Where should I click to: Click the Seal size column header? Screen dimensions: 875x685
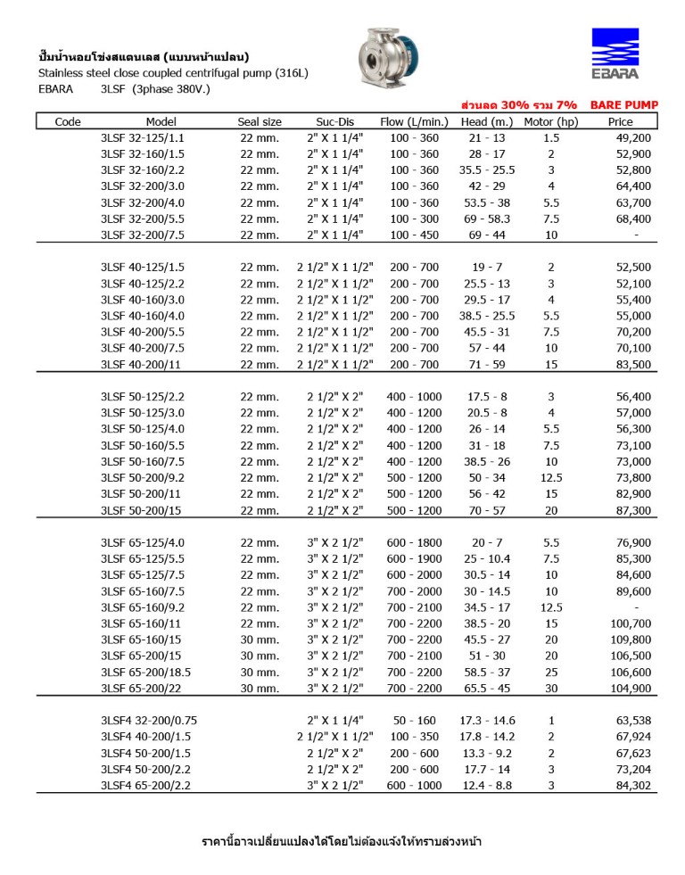[x=260, y=122]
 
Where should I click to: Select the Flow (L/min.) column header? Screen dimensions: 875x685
[x=414, y=122]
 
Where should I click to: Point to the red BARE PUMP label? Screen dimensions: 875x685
[x=624, y=105]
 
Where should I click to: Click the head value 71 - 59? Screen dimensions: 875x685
[x=488, y=364]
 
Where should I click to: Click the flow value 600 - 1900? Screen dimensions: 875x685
[x=414, y=558]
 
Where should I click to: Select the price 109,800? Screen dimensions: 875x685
[x=631, y=640]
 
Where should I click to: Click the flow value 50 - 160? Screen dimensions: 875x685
[x=414, y=720]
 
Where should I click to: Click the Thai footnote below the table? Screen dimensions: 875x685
[x=342, y=841]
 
